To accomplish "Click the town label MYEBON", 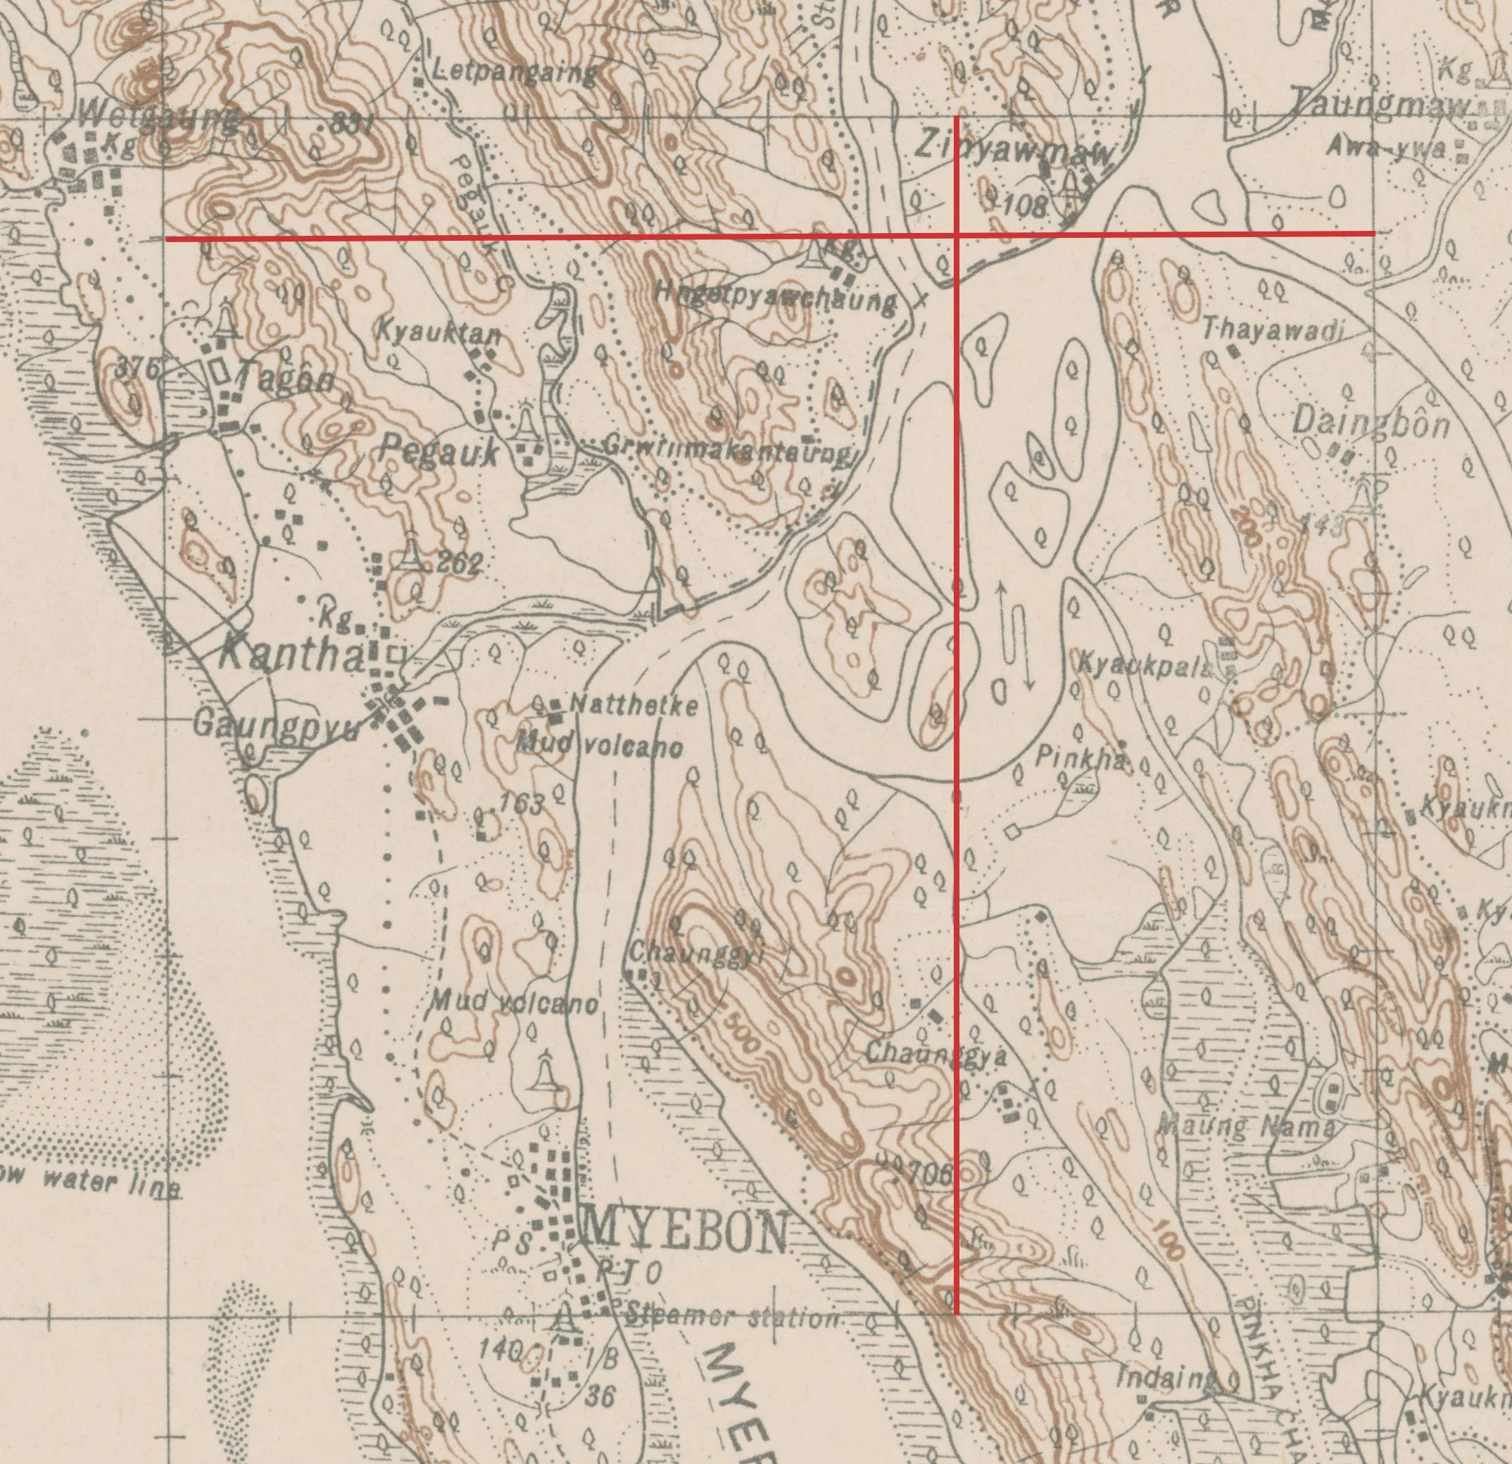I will coord(686,1232).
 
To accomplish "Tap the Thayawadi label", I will coord(1273,331).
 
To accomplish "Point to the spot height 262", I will coord(460,564).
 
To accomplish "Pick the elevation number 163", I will coord(521,803).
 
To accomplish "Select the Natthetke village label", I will coord(634,705).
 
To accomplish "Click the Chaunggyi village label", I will coord(696,955).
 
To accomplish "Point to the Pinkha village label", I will coord(1080,759).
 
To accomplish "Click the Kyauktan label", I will coord(438,332).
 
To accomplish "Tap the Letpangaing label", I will coord(515,72).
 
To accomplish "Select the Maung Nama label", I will coord(1247,1128).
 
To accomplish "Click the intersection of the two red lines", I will coord(957,234).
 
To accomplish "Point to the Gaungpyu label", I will coord(275,726).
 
